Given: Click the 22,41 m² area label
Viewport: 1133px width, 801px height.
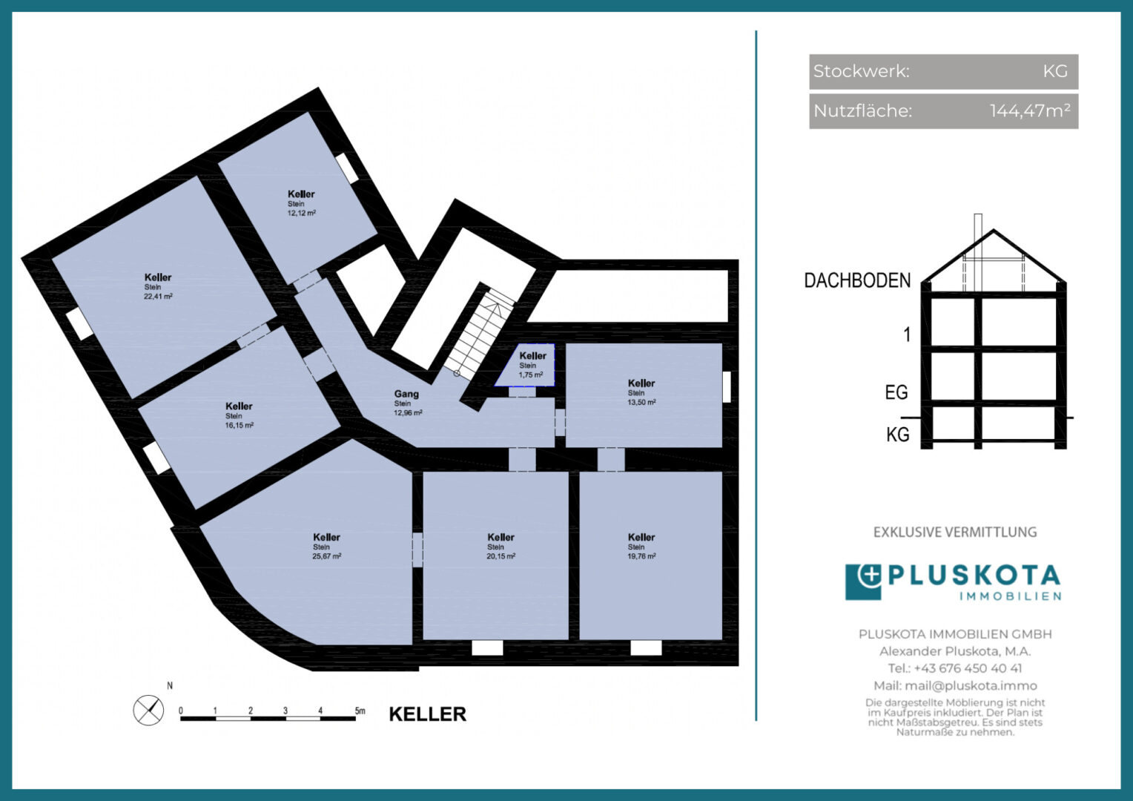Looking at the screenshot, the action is coord(159,297).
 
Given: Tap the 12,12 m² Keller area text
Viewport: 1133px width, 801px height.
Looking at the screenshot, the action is coord(302,213).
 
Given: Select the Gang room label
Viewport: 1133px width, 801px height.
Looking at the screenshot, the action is coord(406,394).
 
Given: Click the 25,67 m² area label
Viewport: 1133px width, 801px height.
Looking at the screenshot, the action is coord(327,556).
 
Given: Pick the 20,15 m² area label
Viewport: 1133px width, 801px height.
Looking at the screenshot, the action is coord(501,556).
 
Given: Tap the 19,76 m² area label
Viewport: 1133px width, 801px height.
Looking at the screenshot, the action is coord(642,556).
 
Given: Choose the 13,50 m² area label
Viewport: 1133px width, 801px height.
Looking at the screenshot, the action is coord(642,402).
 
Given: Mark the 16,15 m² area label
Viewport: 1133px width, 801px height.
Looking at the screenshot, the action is coord(240,426).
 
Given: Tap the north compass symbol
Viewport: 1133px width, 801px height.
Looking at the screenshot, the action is coord(148,710).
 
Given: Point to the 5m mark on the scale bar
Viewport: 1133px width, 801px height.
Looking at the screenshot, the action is coord(360,711).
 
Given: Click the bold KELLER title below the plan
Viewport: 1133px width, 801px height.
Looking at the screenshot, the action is coord(428,714).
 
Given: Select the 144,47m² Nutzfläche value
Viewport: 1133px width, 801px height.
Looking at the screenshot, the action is coord(1030,111).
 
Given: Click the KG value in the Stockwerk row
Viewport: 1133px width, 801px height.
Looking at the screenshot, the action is coord(1055,71).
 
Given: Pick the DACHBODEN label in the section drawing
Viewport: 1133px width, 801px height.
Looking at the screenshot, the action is coord(857,280).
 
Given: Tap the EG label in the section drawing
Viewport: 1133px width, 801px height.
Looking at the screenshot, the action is coord(896,392).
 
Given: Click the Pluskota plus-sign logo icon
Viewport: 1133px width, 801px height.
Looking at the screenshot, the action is coord(863,582).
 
